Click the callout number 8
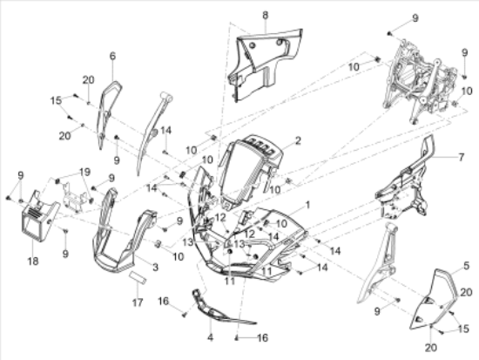[265, 15]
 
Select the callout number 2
[298, 140]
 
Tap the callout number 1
[307, 205]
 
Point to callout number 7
[462, 157]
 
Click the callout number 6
[112, 56]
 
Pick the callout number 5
[466, 266]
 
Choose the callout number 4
[210, 337]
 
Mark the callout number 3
[156, 267]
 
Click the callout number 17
[138, 302]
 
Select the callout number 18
[33, 262]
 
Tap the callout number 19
[85, 172]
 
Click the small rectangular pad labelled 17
[138, 277]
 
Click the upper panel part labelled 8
[263, 65]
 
